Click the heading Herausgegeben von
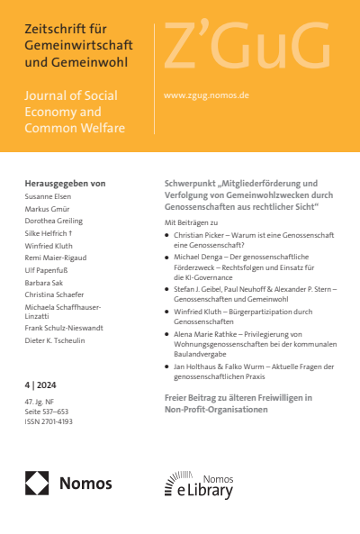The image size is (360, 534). pyautogui.click(x=65, y=182)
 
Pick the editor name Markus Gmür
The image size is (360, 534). pyautogui.click(x=49, y=208)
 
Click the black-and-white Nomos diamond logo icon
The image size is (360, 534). pyautogui.click(x=38, y=483)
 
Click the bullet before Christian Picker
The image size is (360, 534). pyautogui.click(x=166, y=233)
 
